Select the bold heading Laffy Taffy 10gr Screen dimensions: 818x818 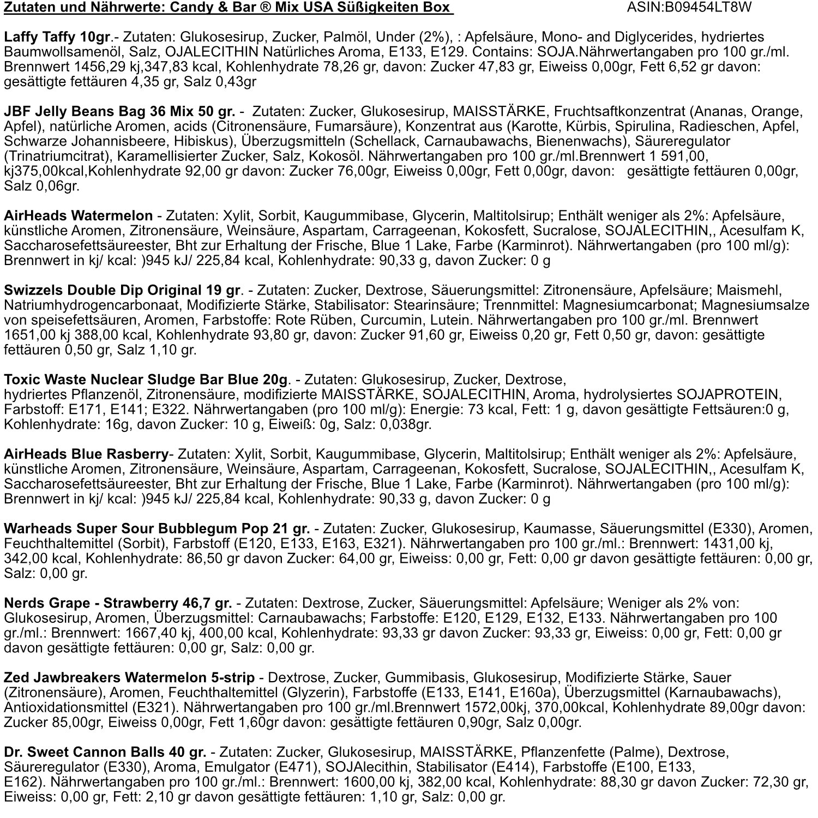56,37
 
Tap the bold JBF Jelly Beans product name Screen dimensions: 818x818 119,112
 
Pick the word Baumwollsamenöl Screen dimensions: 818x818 59,52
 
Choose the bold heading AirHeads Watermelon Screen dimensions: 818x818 79,215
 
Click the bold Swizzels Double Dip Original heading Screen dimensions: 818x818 122,290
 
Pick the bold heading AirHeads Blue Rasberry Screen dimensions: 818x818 86,454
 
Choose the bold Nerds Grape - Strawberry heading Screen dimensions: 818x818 118,603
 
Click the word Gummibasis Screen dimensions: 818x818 424,678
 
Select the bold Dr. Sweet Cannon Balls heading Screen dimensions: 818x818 105,753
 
